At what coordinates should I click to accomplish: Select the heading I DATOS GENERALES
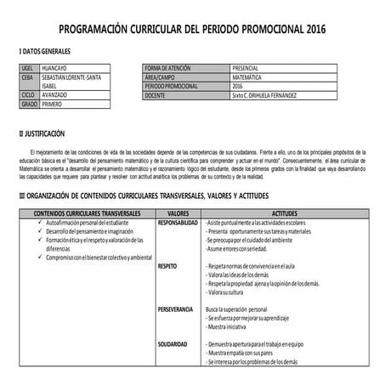[x=45, y=53]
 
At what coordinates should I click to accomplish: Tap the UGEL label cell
[x=27, y=67]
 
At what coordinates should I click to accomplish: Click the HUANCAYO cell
[x=57, y=67]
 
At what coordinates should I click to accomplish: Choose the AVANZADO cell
[x=57, y=95]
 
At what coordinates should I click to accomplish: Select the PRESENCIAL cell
[x=246, y=67]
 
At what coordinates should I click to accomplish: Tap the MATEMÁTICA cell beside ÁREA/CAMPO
[x=246, y=76]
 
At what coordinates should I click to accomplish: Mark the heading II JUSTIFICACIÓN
[x=42, y=134]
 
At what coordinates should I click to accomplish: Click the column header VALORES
[x=178, y=214]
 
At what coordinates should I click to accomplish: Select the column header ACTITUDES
[x=284, y=214]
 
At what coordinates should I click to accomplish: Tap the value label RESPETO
[x=167, y=267]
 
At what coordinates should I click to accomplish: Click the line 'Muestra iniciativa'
[x=231, y=327]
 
